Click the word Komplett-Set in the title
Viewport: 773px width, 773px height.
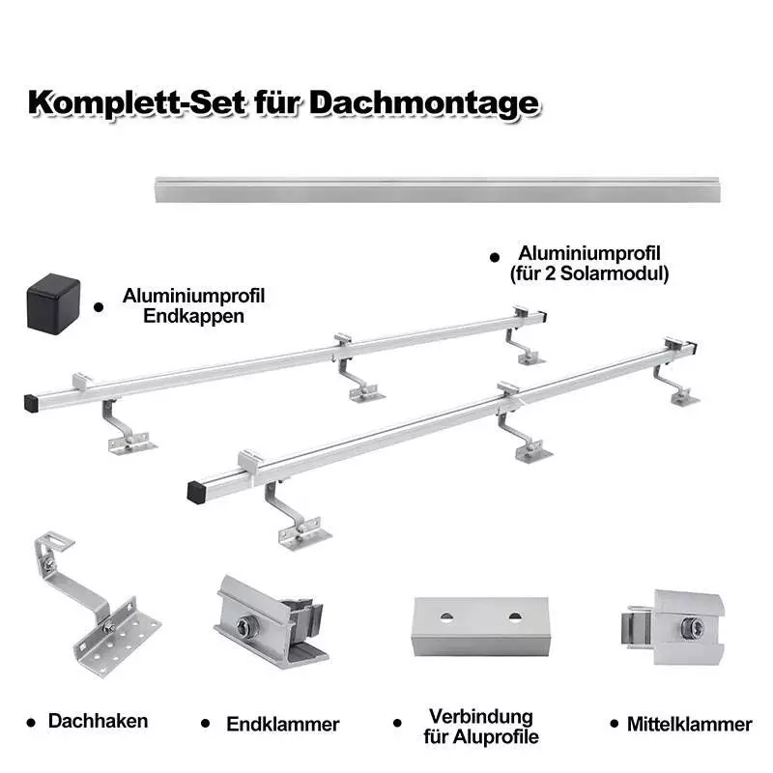(137, 103)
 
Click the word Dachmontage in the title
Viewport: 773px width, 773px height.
(425, 104)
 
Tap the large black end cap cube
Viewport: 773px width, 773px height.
(53, 304)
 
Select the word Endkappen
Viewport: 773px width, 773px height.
(194, 316)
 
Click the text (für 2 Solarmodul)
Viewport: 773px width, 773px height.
(589, 273)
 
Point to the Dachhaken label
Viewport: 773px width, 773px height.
(99, 721)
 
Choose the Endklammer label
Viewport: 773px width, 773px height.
(283, 724)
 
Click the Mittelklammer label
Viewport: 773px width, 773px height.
(690, 724)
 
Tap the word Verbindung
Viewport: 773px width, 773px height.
(481, 717)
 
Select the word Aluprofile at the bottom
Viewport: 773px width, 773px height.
(496, 737)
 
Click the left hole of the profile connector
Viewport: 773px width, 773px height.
(446, 616)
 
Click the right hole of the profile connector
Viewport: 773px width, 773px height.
(515, 616)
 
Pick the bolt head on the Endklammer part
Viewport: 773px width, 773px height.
(244, 626)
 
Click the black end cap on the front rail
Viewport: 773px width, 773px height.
(197, 493)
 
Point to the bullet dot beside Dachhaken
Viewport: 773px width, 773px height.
(31, 723)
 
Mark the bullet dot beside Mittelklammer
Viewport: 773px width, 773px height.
(614, 723)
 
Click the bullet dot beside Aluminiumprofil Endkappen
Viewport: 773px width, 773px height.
(99, 307)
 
